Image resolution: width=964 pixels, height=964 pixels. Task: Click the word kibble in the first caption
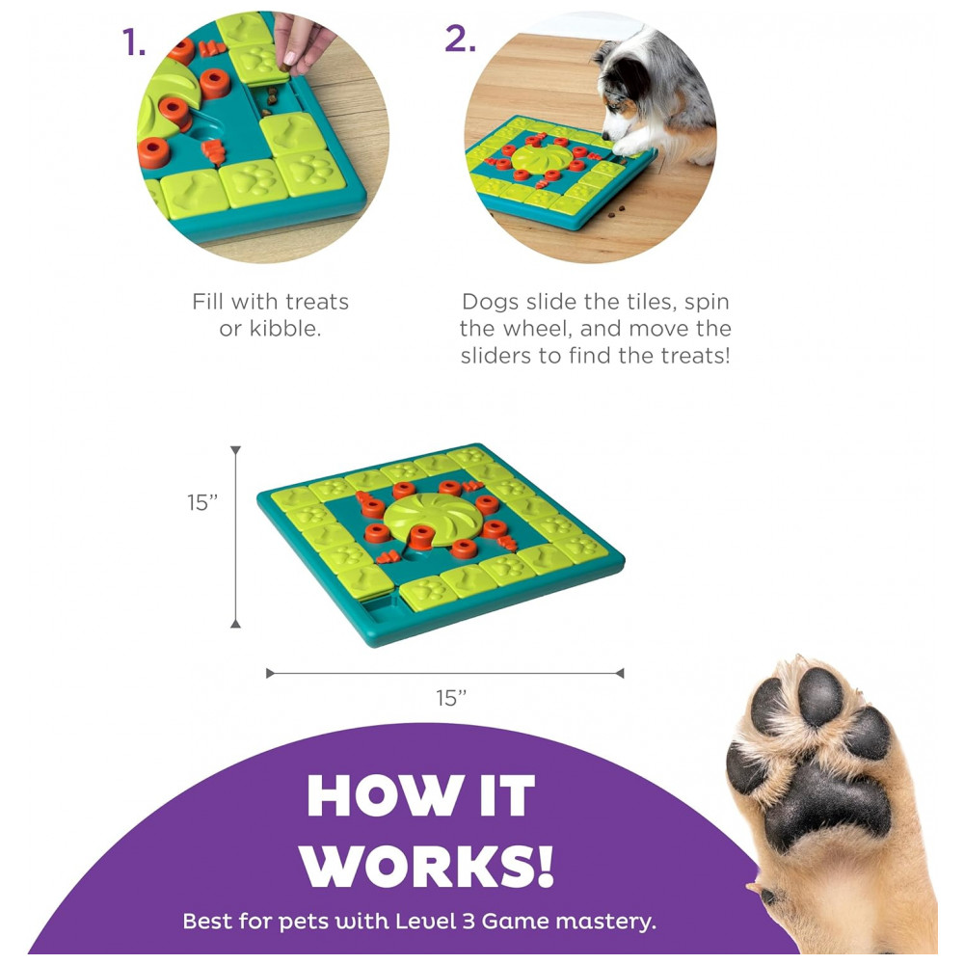(284, 329)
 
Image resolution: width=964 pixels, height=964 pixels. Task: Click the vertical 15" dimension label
(202, 502)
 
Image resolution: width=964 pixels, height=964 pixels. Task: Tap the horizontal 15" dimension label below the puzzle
(451, 698)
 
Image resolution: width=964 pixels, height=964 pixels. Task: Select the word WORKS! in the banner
(427, 867)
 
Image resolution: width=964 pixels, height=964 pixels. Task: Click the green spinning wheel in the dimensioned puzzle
(425, 518)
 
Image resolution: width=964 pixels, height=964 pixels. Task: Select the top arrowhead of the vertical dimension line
(235, 450)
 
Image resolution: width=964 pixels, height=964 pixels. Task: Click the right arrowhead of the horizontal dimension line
(620, 673)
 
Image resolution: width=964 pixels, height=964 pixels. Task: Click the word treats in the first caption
(317, 302)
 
